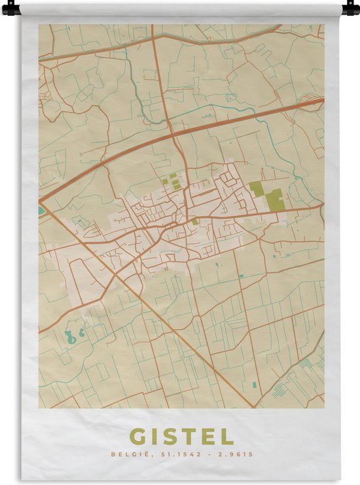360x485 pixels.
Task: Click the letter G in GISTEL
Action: [139, 437]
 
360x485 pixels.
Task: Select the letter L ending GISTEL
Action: [226, 437]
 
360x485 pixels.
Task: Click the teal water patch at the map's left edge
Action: [42, 211]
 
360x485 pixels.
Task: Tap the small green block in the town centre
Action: [194, 222]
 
